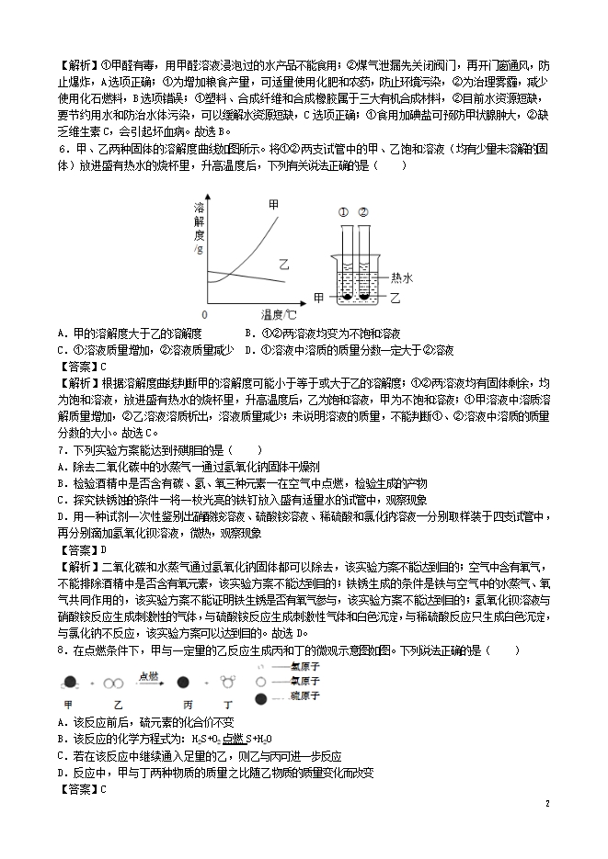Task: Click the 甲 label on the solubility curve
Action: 272,204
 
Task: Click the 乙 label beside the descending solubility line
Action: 284,262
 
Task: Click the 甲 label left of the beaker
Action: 319,298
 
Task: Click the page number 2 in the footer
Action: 546,803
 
